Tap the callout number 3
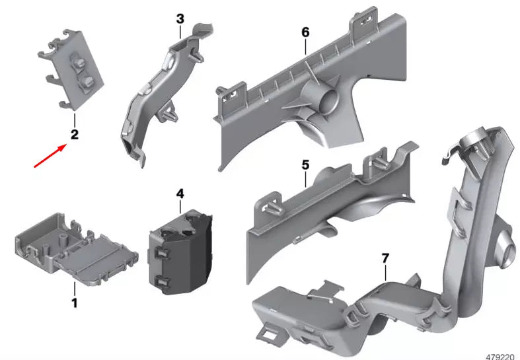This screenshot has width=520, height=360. click(180, 19)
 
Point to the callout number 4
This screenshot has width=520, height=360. click(179, 194)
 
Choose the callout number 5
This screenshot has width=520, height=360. click(305, 163)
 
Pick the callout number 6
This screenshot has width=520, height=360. click(305, 31)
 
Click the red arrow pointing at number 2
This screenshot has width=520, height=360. click(50, 157)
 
